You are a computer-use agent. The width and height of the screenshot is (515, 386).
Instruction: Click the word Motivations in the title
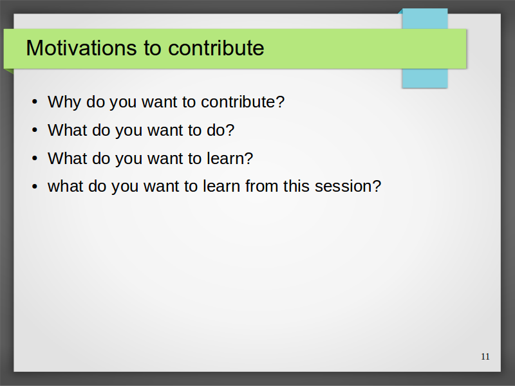81,48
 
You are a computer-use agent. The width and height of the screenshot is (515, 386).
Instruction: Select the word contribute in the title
216,48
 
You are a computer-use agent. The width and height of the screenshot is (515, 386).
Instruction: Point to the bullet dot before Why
35,102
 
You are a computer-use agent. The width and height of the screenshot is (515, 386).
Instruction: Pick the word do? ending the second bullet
220,130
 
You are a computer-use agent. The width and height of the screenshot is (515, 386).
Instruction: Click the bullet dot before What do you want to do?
35,130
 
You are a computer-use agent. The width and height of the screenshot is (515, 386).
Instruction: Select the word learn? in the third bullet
230,158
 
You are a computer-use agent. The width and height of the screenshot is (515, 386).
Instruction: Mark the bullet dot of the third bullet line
35,158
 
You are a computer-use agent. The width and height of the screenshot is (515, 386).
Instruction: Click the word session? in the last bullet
348,186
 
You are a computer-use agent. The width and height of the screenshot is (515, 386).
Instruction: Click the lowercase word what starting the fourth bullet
66,186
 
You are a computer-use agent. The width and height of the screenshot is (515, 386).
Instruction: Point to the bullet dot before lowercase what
35,187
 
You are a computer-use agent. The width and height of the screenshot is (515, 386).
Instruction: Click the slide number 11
485,356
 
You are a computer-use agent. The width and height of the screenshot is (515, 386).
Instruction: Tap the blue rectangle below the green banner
425,78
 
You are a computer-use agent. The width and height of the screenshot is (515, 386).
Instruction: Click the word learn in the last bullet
221,186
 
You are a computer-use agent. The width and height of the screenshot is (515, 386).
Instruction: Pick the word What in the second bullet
68,130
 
